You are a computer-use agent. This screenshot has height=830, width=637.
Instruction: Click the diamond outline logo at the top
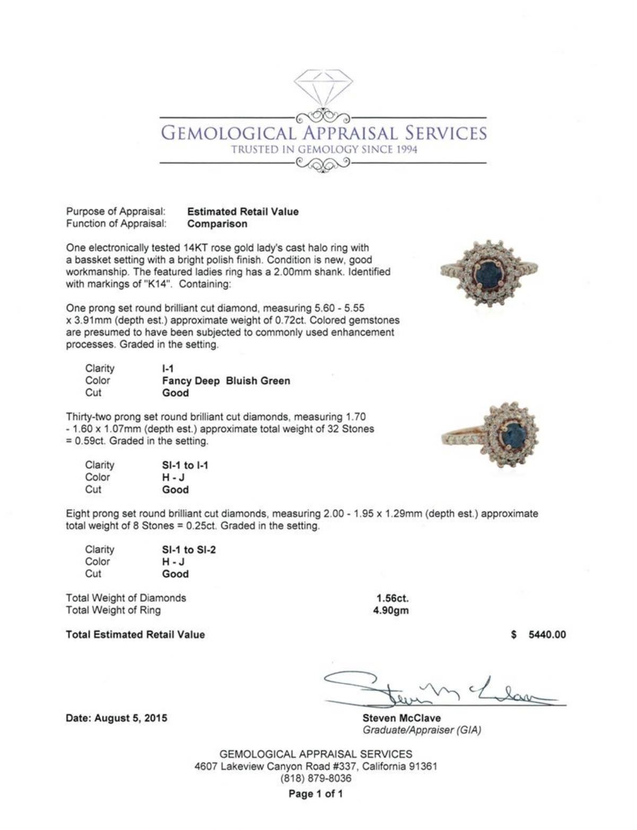pyautogui.click(x=323, y=87)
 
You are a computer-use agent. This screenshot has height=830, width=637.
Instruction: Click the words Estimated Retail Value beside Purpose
pyautogui.click(x=243, y=211)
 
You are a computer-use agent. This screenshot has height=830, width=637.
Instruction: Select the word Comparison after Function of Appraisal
pyautogui.click(x=217, y=224)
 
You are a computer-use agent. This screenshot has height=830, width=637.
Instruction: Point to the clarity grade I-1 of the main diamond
pyautogui.click(x=168, y=369)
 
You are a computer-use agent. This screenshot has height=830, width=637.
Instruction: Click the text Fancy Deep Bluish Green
pyautogui.click(x=226, y=381)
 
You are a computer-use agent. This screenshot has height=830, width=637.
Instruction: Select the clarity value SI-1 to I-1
pyautogui.click(x=185, y=465)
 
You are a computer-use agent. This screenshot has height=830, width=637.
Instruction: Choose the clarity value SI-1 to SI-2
pyautogui.click(x=188, y=550)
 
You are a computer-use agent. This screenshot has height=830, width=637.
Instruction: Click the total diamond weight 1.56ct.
pyautogui.click(x=392, y=598)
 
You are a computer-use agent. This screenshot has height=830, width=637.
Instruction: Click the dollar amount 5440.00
pyautogui.click(x=547, y=635)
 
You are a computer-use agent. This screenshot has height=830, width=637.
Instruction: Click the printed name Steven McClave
pyautogui.click(x=401, y=718)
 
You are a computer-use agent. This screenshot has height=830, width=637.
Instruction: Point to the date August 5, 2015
pyautogui.click(x=116, y=718)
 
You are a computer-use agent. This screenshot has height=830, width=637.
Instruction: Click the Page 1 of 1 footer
pyautogui.click(x=315, y=794)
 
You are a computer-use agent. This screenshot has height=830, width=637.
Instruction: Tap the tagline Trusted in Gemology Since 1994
pyautogui.click(x=324, y=149)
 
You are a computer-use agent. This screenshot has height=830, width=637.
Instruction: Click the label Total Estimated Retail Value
pyautogui.click(x=135, y=635)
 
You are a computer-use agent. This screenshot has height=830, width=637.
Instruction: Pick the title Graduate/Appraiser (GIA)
pyautogui.click(x=421, y=730)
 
